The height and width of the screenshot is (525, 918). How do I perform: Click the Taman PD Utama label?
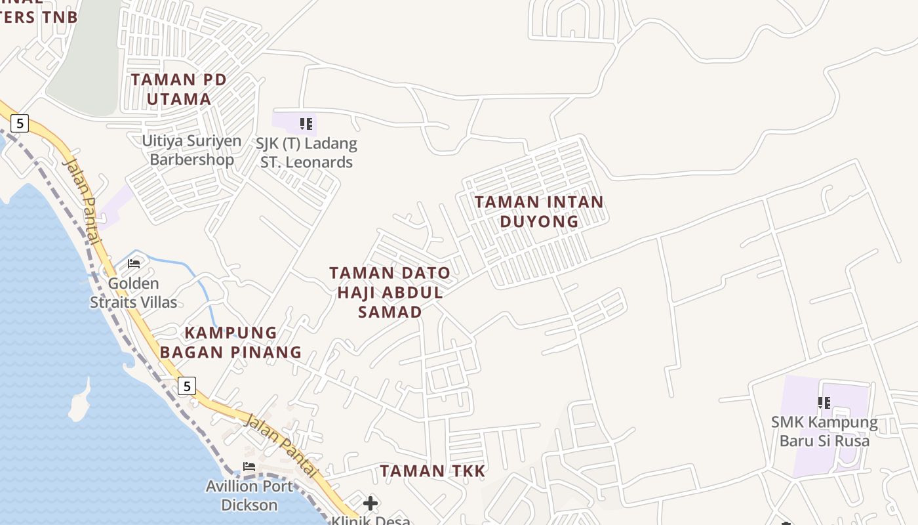click(178, 89)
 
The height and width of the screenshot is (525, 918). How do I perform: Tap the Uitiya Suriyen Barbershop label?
click(191, 150)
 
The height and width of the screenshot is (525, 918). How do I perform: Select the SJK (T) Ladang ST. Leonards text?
click(307, 153)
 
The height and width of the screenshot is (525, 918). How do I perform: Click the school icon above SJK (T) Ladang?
click(306, 123)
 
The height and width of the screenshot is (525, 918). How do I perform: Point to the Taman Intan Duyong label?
click(539, 211)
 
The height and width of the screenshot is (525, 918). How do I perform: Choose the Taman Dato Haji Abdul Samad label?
click(390, 292)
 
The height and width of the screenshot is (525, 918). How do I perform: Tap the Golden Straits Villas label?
click(134, 293)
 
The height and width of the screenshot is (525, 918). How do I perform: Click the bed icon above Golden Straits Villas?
click(134, 264)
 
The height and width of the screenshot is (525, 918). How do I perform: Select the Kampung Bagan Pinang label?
click(231, 342)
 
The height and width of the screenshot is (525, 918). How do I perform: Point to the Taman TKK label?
click(433, 471)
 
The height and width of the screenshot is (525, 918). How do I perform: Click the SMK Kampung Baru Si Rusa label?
click(824, 431)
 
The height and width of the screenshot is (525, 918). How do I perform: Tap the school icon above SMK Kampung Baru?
click(824, 402)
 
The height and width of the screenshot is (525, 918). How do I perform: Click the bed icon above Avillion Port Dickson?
click(249, 467)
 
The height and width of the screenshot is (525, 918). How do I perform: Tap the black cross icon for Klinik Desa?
click(370, 503)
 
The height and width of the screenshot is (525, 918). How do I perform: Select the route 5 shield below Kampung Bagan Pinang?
click(187, 386)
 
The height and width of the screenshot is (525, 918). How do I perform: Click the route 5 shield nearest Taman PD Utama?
click(20, 123)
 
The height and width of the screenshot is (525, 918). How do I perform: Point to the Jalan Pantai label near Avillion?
click(281, 445)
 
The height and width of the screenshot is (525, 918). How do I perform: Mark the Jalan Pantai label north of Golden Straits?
click(83, 201)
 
